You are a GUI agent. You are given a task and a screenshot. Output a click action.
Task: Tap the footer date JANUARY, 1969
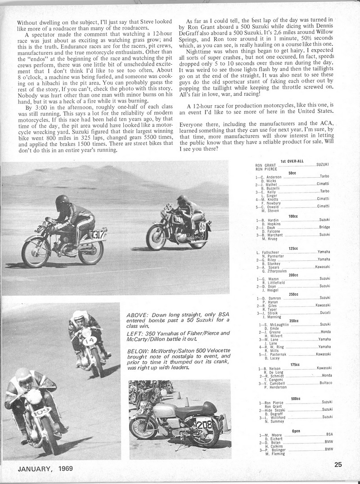coord(45,469)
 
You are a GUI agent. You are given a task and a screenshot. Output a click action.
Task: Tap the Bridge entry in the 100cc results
coord(324,227)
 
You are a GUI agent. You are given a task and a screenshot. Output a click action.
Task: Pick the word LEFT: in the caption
coord(136,332)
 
